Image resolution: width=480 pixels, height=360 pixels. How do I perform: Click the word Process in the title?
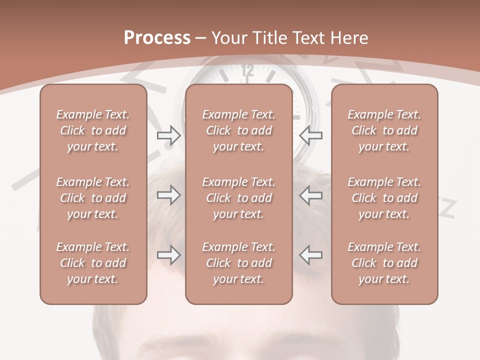157,38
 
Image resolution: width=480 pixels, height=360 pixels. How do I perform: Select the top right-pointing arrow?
168,135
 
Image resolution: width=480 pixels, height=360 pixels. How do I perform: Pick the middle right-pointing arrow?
168,195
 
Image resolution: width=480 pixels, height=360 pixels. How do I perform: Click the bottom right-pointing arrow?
168,255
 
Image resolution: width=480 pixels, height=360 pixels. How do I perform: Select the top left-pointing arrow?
311,135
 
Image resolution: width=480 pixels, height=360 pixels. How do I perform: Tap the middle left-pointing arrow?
311,195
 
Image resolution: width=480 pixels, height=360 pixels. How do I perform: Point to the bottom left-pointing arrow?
311,255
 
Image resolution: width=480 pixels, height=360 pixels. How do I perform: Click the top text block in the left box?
93,130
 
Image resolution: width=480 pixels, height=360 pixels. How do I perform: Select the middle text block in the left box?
93,198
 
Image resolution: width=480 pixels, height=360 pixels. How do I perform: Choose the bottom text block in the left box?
93,263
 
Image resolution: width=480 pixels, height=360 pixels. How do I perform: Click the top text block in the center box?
239,130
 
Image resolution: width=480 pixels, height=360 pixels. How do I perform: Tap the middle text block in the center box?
239,198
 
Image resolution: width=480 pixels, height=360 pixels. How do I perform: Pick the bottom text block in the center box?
239,263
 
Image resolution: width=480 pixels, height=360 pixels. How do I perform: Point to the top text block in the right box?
384,130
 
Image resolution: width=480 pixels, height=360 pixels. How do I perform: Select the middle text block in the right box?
384,198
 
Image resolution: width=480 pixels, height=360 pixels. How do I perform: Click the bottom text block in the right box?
384,263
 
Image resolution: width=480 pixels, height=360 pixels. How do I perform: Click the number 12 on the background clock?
247,70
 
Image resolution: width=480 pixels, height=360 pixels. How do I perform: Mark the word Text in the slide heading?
307,38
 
